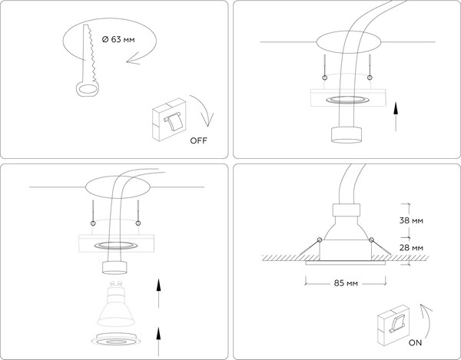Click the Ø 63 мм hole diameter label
point(118,39)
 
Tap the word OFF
point(198,140)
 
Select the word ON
point(415,342)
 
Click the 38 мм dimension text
point(411,220)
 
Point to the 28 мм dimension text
point(411,248)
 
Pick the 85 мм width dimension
point(346,283)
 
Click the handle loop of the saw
point(88,89)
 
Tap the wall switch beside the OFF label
point(169,119)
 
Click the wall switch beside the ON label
point(393,325)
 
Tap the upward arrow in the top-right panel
point(396,116)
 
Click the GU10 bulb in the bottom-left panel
point(116,304)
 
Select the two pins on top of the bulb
point(116,284)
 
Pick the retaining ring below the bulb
point(116,339)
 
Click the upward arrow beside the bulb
point(158,293)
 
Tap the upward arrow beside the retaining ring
point(158,342)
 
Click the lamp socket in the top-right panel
point(347,135)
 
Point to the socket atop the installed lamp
point(347,210)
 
